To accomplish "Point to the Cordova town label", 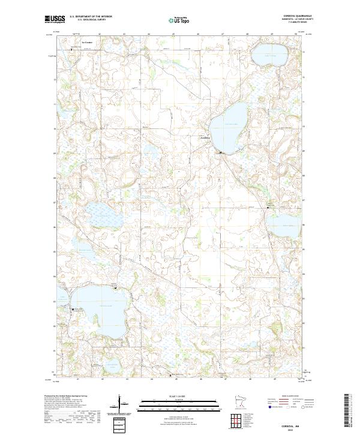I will click(206, 137).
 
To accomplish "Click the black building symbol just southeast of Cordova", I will click(220, 153).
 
